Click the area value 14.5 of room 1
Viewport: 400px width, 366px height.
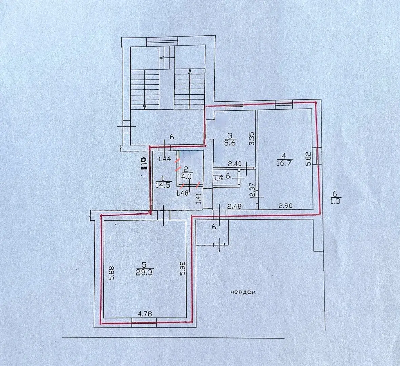click(162, 184)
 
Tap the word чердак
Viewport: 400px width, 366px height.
click(243, 292)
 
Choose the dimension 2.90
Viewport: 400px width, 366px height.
click(285, 206)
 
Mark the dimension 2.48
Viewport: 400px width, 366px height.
click(235, 206)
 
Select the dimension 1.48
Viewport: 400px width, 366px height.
click(182, 193)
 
